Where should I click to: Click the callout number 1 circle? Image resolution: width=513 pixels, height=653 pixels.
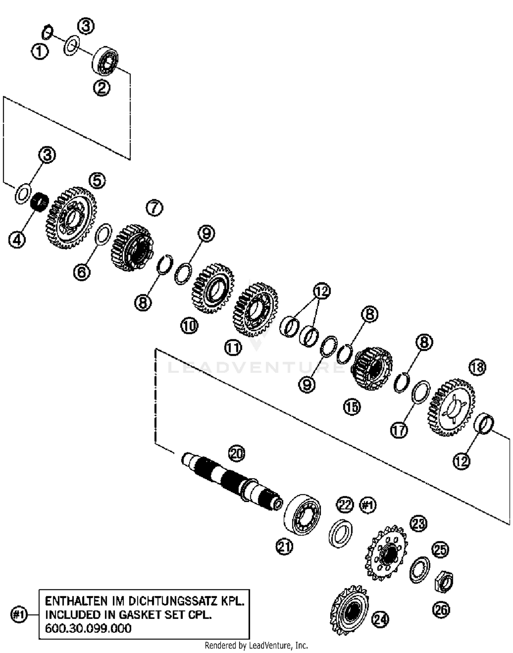pos(40,52)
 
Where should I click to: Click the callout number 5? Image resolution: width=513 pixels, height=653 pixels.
pos(97,181)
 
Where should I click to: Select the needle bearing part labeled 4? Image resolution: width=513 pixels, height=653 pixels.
pos(40,202)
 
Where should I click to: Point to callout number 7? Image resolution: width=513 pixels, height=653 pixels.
pos(155,208)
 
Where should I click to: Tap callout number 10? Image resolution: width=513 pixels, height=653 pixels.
pos(189,326)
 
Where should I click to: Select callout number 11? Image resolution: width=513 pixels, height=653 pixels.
pos(233,348)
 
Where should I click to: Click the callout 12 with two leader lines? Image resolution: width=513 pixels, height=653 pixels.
pos(321,291)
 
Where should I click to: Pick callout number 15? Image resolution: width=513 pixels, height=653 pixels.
pos(352,407)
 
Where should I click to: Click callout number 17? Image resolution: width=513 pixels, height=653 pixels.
pos(399,430)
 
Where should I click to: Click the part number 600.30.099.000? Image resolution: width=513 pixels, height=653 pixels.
pos(88,628)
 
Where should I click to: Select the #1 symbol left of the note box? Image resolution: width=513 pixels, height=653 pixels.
pos(19,615)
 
